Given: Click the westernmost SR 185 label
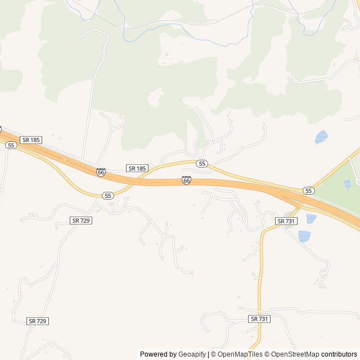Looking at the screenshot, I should coord(31,139).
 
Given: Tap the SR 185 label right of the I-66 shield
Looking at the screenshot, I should coord(137,168).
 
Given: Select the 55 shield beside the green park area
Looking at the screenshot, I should coord(308,191).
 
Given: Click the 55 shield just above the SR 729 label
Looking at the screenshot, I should coord(109,195).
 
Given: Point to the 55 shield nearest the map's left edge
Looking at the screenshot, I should coord(11,145).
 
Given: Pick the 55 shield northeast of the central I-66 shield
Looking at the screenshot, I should coord(202,163).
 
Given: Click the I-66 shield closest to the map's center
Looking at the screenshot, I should coord(186,180).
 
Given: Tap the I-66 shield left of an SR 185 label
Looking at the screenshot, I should coord(101,172).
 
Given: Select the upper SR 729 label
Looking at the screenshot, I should coord(82,220).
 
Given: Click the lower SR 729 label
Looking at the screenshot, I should coord(38,321).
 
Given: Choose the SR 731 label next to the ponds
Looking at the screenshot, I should coord(286,221).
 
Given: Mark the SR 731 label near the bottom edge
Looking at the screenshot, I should coord(259,318).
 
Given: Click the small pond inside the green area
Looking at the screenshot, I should coord(348,183).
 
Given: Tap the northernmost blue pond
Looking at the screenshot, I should coord(321,137).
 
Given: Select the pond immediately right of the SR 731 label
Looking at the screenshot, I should coord(310,218).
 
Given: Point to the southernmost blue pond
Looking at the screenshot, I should coord(304,236).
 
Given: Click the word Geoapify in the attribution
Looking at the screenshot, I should coord(192,354).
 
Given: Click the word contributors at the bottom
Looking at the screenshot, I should coord(340,354).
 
